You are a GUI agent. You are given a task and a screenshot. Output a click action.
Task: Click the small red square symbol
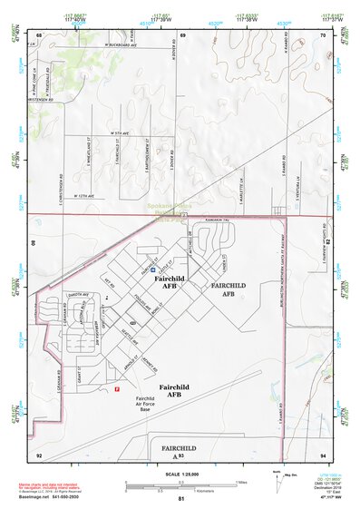(116, 389)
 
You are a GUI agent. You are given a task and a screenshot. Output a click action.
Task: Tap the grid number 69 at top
(182, 34)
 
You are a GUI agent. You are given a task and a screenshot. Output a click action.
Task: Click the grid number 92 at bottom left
(39, 454)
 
